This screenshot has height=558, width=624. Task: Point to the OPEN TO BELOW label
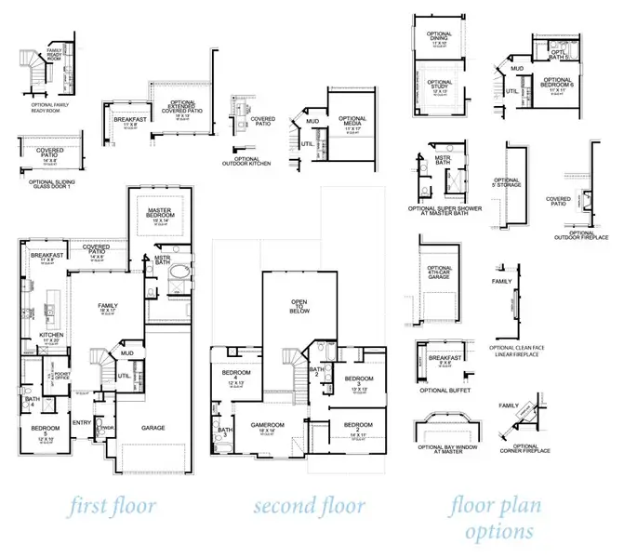coord(299,309)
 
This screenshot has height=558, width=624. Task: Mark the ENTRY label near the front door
coord(82,421)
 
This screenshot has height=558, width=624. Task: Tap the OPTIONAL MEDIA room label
coord(352,121)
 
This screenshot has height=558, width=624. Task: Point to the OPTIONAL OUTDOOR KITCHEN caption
coord(246,163)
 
